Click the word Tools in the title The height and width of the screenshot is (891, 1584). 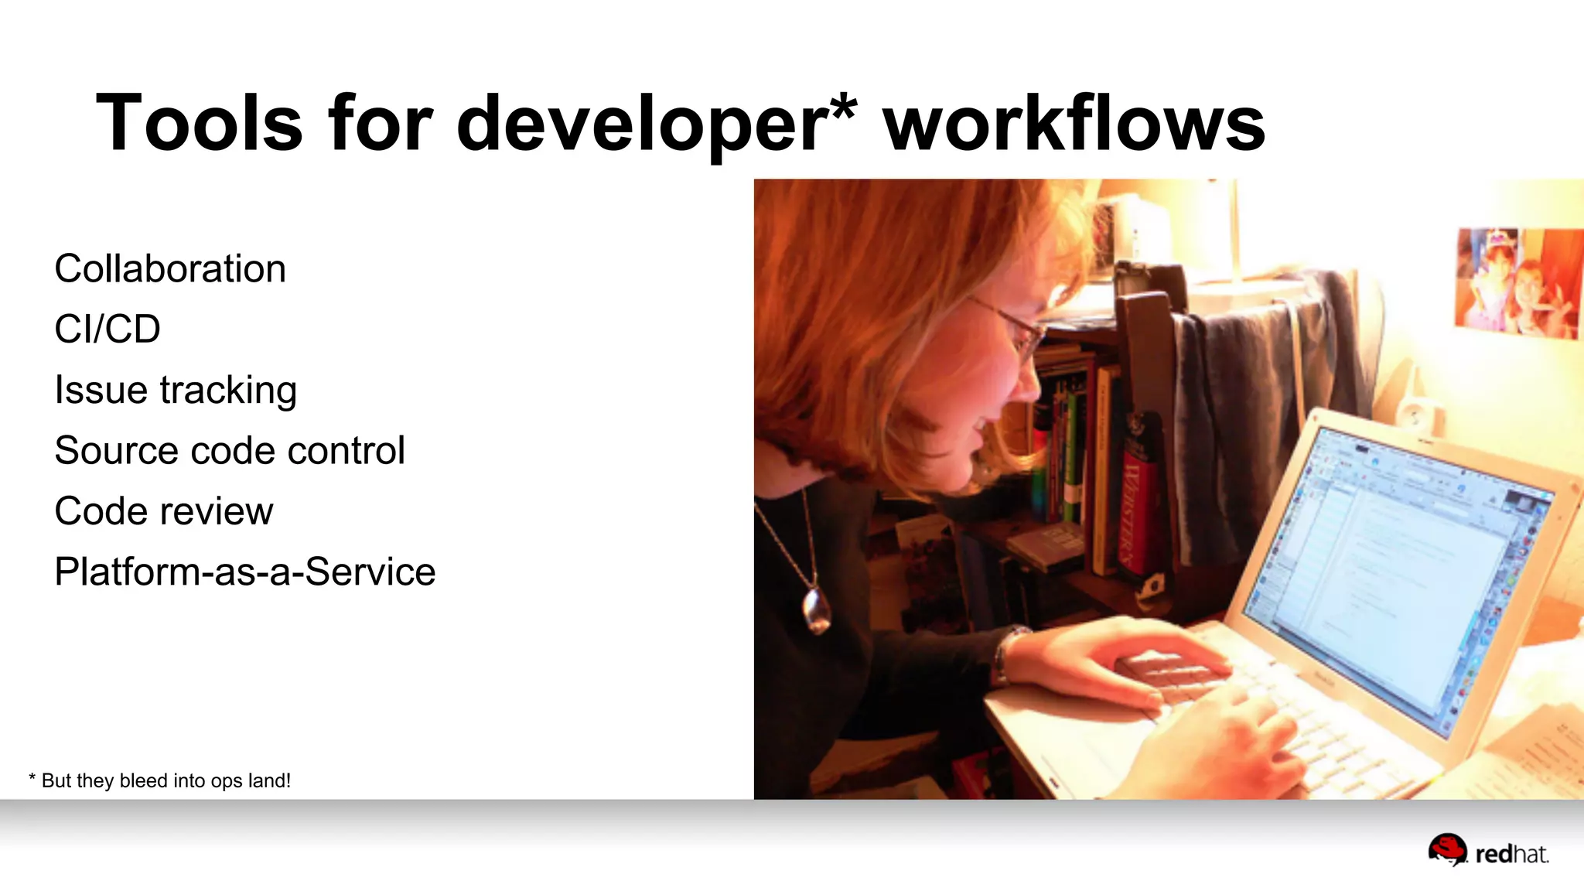click(x=199, y=124)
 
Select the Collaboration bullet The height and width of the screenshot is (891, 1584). click(x=170, y=269)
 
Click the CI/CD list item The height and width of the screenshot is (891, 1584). click(x=108, y=329)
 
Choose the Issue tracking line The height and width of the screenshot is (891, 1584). click(x=176, y=390)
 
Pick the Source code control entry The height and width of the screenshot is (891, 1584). click(x=230, y=450)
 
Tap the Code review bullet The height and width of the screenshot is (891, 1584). click(x=164, y=511)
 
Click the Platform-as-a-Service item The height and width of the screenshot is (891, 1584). click(x=245, y=572)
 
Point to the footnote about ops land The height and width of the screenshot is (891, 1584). click(x=160, y=780)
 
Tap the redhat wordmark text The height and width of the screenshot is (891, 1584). click(x=1512, y=855)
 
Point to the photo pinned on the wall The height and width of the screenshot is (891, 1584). click(x=1516, y=282)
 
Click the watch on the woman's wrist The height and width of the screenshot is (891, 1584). click(x=1005, y=654)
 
